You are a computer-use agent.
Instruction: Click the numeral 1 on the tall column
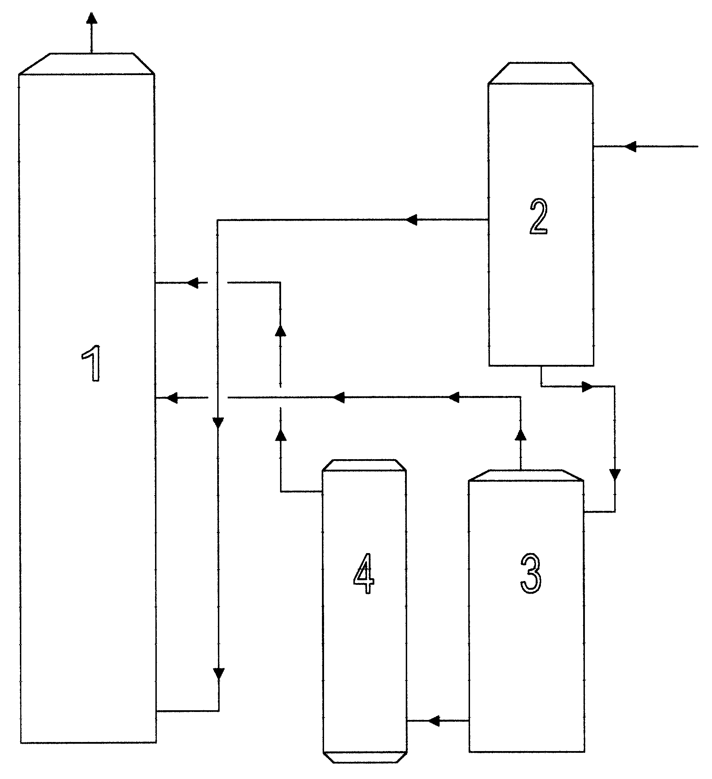click(x=92, y=363)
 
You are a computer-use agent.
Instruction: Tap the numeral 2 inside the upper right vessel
click(x=538, y=216)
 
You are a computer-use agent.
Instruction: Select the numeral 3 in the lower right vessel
click(x=531, y=573)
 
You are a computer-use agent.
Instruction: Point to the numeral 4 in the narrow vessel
click(x=364, y=573)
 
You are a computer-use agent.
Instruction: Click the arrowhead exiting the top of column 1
click(x=91, y=18)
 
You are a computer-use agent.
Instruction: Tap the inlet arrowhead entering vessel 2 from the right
click(x=630, y=146)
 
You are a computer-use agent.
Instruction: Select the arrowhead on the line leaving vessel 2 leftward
click(x=411, y=220)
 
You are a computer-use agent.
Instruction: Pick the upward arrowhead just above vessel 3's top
click(x=521, y=435)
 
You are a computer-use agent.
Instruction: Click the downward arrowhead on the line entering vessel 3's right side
click(x=614, y=475)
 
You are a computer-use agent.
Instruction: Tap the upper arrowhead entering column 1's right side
click(x=192, y=283)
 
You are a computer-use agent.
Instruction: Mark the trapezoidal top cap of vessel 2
click(x=541, y=73)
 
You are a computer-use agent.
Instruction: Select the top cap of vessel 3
click(x=526, y=475)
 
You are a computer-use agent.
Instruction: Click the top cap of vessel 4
click(x=364, y=465)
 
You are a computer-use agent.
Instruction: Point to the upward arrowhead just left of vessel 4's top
click(x=280, y=435)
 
